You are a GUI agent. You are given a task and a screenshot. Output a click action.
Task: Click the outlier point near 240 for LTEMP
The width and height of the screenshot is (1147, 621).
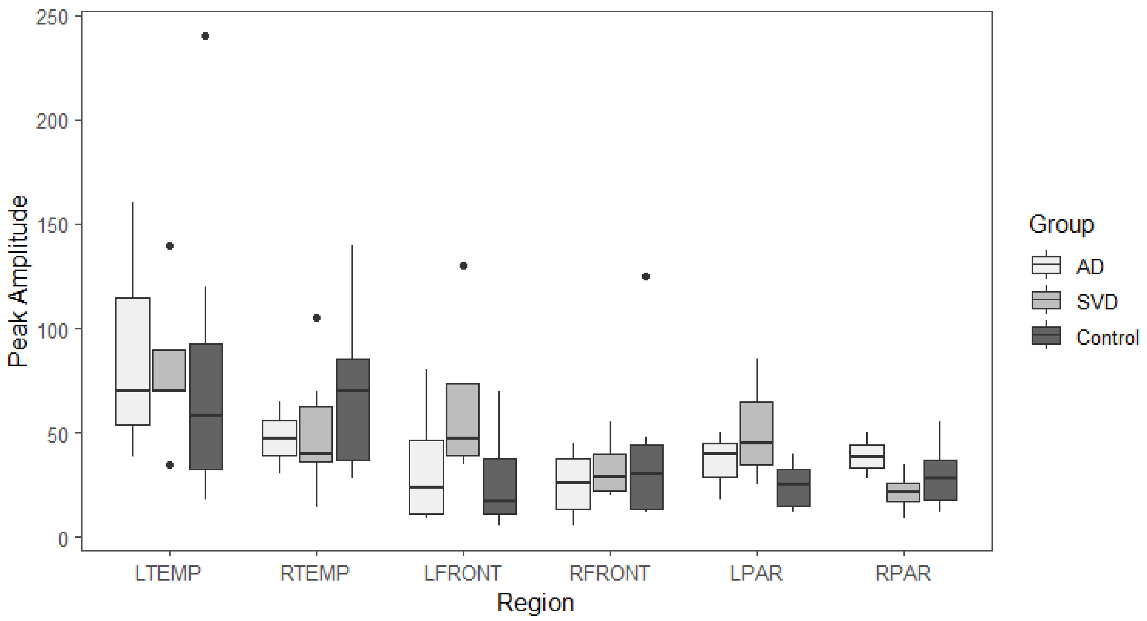tap(205, 36)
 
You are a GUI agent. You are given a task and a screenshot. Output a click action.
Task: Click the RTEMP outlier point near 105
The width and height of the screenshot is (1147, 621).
tap(317, 318)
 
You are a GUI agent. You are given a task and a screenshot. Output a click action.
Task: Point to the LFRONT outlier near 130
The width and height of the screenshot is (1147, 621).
tap(463, 266)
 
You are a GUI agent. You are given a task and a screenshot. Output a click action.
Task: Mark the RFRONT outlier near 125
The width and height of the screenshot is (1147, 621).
tap(646, 277)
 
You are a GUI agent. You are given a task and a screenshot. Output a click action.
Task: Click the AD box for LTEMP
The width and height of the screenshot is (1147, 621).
tap(133, 361)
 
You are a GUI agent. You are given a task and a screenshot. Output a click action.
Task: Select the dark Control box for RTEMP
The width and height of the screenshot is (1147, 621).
tap(353, 410)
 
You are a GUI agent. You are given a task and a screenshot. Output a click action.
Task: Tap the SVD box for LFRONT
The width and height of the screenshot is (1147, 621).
tap(463, 419)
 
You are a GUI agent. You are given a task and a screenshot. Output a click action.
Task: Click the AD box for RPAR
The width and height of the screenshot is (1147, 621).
tap(867, 456)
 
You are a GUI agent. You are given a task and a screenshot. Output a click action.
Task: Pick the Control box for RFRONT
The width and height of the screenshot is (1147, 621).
tap(646, 477)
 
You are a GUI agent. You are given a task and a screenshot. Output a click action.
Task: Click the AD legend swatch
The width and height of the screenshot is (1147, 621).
tap(1046, 265)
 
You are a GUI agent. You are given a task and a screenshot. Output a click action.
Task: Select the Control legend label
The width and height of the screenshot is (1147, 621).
tap(1107, 338)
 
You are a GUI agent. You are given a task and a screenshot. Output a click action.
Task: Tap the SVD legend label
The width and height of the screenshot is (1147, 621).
tap(1097, 302)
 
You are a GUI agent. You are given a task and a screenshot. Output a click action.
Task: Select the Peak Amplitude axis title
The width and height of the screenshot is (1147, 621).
tap(19, 282)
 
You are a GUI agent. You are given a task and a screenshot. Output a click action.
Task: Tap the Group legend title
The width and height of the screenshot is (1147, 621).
tap(1061, 224)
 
